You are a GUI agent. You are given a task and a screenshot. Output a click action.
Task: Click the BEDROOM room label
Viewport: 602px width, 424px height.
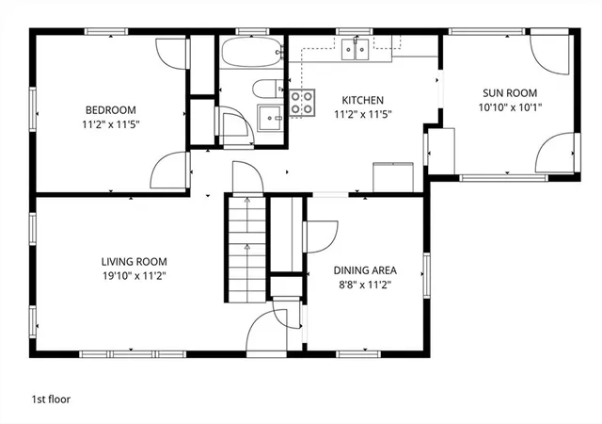point(111,110)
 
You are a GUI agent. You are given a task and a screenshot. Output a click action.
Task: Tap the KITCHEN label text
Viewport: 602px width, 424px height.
point(362,101)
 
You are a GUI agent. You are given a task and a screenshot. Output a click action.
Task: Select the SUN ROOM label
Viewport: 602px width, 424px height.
point(510,93)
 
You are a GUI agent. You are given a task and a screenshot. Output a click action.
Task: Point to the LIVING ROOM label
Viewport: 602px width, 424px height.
point(134,262)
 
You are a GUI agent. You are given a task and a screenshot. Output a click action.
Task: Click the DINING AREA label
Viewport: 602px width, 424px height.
point(365,270)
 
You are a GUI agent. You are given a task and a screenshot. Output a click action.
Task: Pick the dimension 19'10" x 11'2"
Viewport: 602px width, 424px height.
point(134,276)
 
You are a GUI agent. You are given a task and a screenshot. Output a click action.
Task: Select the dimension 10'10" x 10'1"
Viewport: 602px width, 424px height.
point(510,107)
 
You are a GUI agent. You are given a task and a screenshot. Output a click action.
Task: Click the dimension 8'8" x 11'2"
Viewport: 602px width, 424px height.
point(365,285)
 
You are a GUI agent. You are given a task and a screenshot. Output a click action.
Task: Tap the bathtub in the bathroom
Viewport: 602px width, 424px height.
point(252,52)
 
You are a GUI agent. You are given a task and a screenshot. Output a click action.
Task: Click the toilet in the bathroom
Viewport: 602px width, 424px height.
point(267,89)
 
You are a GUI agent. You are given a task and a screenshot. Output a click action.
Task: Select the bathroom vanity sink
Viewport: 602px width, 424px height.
point(271,118)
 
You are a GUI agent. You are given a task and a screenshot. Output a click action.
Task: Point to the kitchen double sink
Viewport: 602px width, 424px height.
point(356,50)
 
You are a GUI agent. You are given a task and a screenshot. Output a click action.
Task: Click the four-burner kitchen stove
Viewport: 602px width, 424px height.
point(302,103)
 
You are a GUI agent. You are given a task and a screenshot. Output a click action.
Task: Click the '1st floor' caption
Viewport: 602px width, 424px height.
point(51,400)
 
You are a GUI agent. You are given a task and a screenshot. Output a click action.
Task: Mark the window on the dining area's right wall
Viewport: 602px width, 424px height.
point(426,275)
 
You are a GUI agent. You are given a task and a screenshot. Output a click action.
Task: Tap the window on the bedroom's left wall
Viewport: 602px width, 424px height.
point(33,109)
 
